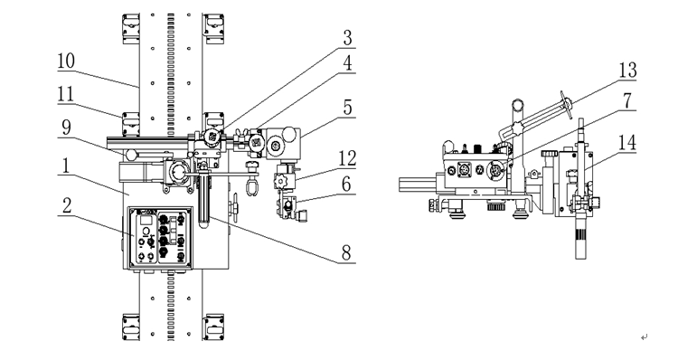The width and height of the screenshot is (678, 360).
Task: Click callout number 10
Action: pyautogui.click(x=66, y=61)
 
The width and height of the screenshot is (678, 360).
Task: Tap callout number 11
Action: pyautogui.click(x=66, y=94)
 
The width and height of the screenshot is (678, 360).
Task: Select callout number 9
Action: pyautogui.click(x=66, y=128)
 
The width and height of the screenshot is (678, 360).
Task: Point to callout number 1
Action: pyautogui.click(x=66, y=166)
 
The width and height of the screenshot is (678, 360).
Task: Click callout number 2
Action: pyautogui.click(x=67, y=205)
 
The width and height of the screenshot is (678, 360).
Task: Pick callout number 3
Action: pyautogui.click(x=348, y=38)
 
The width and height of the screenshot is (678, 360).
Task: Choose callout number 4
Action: pyautogui.click(x=348, y=63)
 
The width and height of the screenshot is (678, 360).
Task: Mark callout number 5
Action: pyautogui.click(x=348, y=108)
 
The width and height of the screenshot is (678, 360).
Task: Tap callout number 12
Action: pyautogui.click(x=347, y=158)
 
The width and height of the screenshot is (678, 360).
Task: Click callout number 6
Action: pyautogui.click(x=346, y=185)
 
